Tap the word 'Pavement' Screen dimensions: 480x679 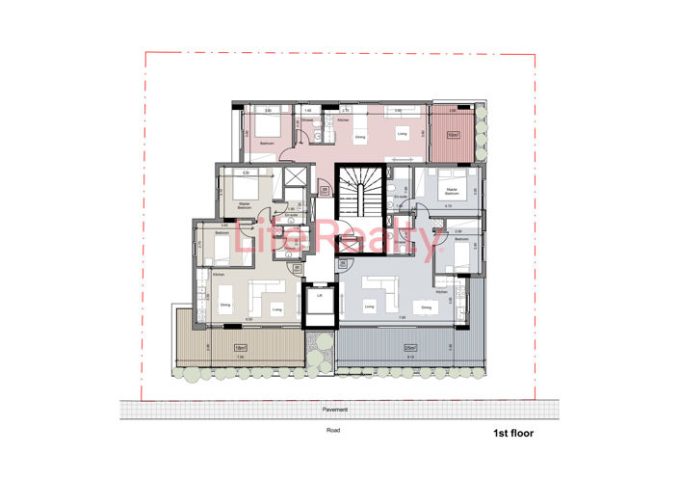[336, 410]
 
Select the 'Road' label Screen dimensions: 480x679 [333, 431]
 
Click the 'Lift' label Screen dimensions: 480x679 [319, 296]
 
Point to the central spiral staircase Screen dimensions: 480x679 [360, 191]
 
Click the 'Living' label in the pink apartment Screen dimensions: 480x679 [402, 133]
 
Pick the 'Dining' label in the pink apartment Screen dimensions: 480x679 [360, 138]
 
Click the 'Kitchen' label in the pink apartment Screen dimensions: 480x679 [355, 119]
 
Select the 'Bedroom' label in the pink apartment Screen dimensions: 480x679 [267, 143]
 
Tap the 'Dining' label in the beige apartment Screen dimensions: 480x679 [224, 306]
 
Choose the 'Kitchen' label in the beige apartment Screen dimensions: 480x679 [218, 275]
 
